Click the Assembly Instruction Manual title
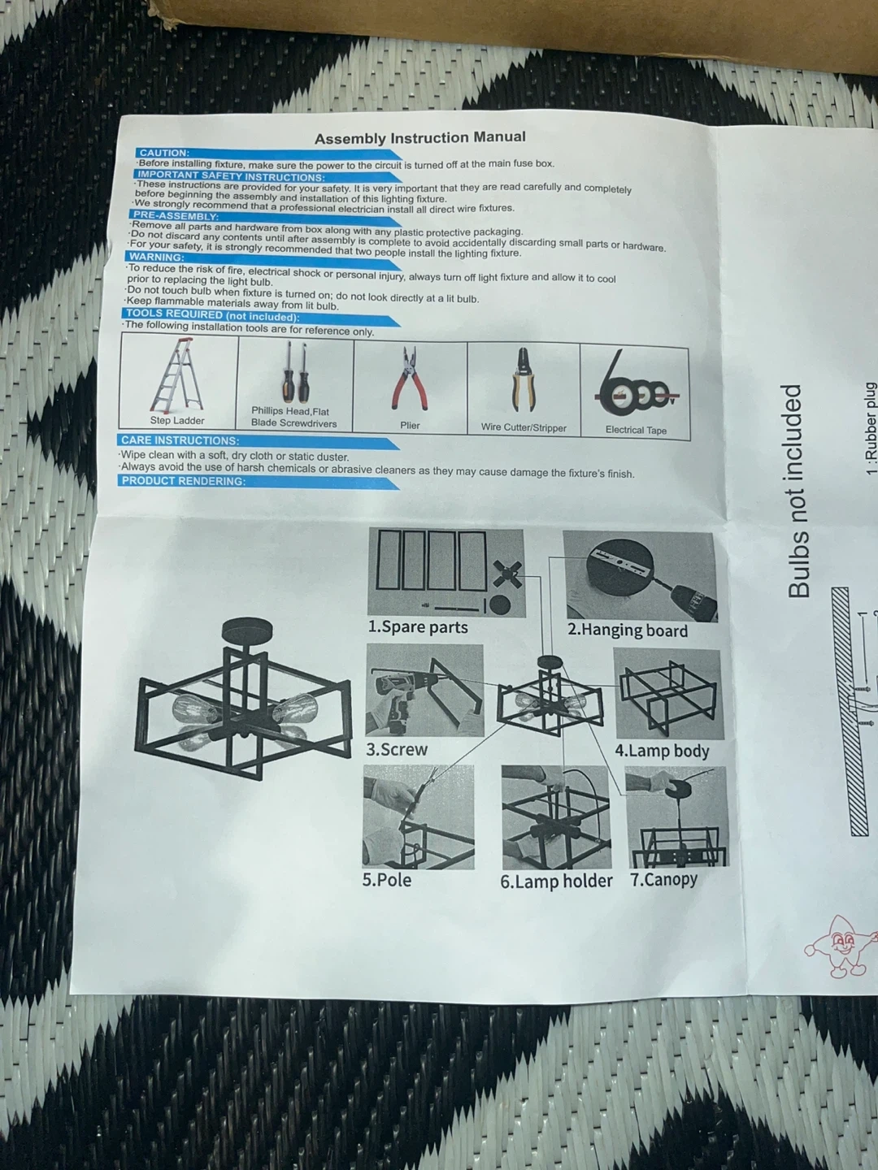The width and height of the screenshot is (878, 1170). pos(420,138)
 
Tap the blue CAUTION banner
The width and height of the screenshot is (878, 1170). pos(267,154)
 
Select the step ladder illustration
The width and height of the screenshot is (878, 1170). pos(177,376)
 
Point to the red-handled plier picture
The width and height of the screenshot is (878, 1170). pos(411,379)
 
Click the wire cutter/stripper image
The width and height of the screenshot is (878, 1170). pos(524,380)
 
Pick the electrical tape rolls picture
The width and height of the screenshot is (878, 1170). pos(636,382)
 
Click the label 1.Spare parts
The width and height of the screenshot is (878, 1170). pos(418,627)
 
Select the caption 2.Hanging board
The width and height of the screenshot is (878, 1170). pos(628,630)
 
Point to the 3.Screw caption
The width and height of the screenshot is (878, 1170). pos(397,749)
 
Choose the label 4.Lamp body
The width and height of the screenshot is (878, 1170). pos(662,751)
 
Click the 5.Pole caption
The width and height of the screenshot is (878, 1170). pos(386,879)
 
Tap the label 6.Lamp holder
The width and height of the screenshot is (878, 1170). pos(556,881)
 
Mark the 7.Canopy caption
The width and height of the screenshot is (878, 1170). pos(663,879)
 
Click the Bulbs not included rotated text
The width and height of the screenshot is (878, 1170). pos(798,491)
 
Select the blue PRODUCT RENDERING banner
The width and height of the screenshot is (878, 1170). pos(258,483)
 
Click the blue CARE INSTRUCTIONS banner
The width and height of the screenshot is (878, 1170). pos(258,442)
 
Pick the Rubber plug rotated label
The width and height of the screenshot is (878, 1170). pos(870,429)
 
